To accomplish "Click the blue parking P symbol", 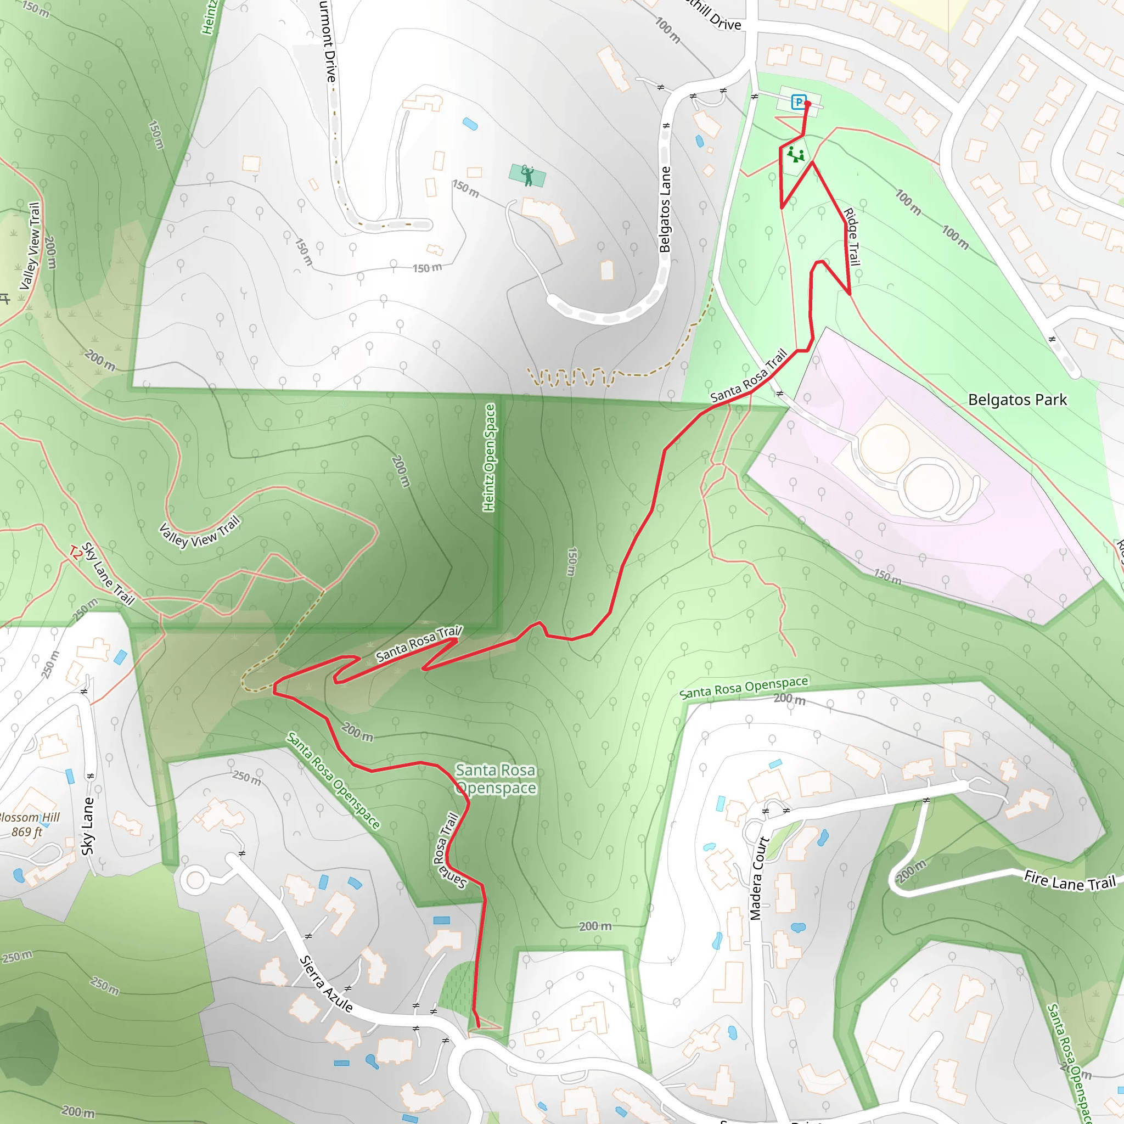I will [x=798, y=103].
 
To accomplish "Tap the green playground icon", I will [x=795, y=155].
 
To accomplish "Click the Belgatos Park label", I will [x=1017, y=400].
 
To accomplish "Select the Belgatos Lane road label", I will [x=665, y=210].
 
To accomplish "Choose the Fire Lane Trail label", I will [x=1069, y=881].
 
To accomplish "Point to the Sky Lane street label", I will [x=88, y=826].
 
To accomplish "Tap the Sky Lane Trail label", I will [x=108, y=574].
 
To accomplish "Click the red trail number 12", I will [x=75, y=552].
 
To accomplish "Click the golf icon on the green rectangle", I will [x=527, y=175].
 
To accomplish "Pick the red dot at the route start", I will [x=807, y=104].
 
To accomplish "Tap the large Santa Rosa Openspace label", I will [x=496, y=779].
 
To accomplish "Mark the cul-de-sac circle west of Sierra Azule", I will [x=195, y=881].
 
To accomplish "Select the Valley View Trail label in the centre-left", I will [x=200, y=532].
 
